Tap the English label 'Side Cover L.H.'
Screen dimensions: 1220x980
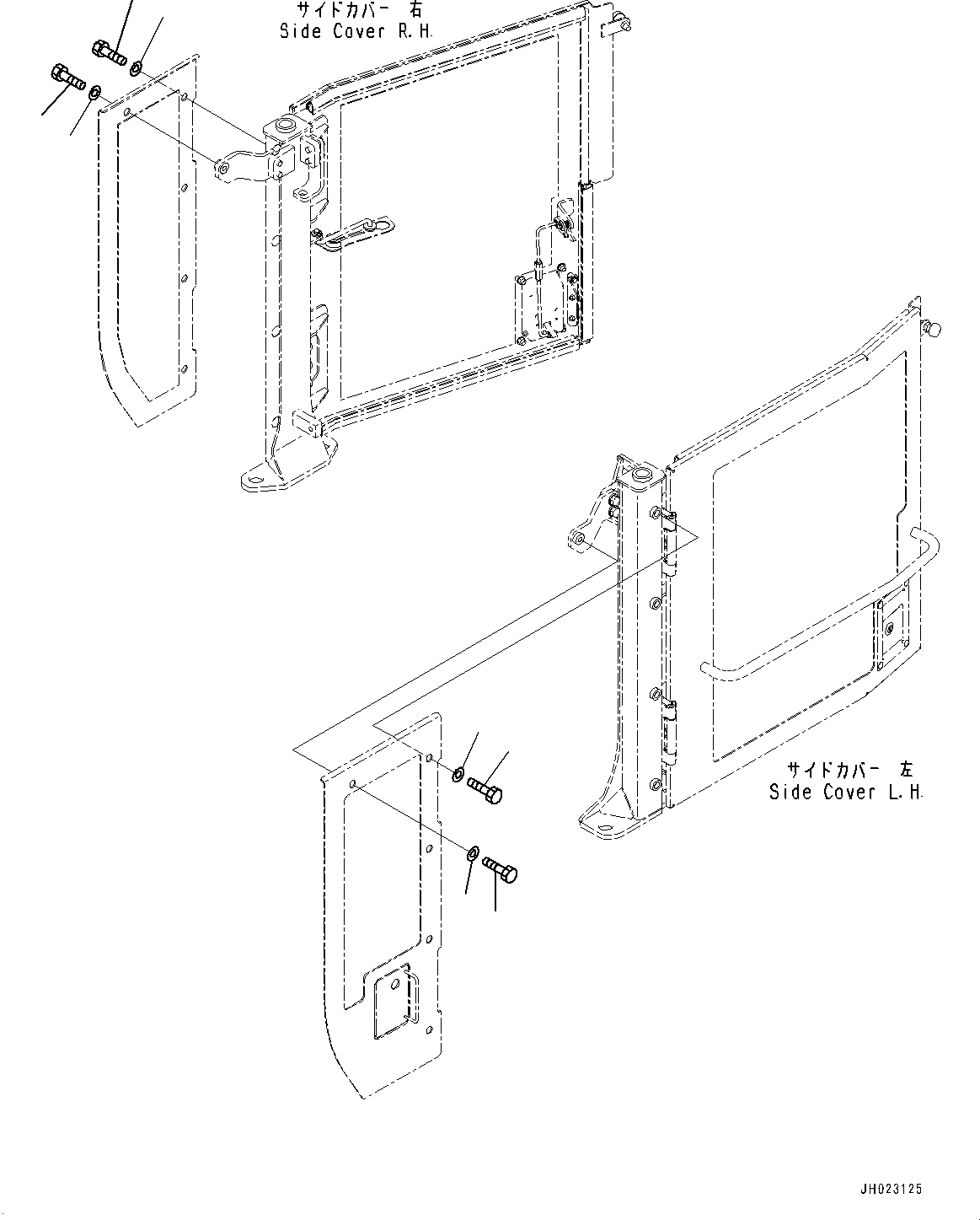(845, 793)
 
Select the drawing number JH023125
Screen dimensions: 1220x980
(891, 1189)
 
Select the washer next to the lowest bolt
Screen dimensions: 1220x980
(474, 855)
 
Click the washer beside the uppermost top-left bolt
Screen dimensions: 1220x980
(137, 66)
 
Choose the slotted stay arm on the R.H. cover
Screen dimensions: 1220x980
(352, 233)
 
